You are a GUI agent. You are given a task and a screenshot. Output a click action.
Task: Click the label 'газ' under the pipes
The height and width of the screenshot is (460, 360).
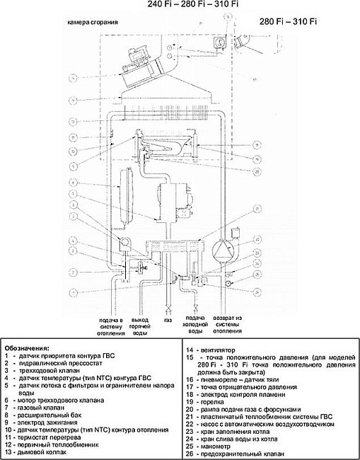(x=168, y=320)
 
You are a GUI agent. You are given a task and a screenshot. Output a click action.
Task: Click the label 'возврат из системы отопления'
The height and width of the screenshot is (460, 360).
(x=228, y=326)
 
